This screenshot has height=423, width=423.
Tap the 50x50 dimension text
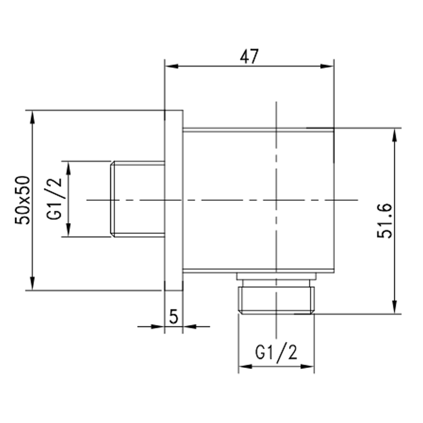24,200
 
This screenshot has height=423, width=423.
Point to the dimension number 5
173,316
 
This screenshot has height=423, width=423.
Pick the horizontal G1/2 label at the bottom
276,352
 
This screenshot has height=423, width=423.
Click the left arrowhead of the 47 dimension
171,66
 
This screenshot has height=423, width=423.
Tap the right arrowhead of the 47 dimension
327,66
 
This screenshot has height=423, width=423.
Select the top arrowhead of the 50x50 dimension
32,117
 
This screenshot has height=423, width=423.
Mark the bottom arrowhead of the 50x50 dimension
32,283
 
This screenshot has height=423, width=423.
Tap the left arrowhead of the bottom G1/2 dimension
245,367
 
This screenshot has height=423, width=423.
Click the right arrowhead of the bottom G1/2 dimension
308,367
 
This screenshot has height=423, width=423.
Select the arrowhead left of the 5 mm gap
159,326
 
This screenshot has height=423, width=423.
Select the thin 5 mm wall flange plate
174,200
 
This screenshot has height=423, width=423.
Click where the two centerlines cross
276,200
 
